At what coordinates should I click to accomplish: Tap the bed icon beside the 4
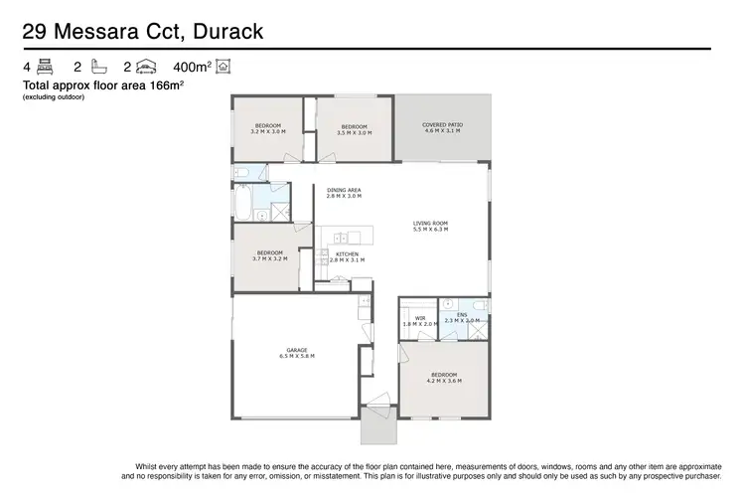(43, 68)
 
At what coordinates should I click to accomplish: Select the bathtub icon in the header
(98, 68)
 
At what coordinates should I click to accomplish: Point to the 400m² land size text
(193, 68)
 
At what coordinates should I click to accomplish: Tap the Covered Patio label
(443, 125)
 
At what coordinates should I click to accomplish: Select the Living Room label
(431, 223)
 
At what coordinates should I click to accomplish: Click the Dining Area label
(344, 190)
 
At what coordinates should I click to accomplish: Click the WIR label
(420, 318)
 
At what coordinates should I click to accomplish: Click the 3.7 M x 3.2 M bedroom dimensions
(269, 258)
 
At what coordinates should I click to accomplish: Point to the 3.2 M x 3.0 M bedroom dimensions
(268, 132)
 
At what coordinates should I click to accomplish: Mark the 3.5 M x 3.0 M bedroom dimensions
(355, 132)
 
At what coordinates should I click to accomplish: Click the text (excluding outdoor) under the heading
(56, 97)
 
